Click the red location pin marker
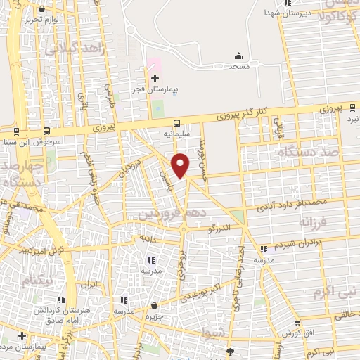point(181,165)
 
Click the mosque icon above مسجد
point(238,56)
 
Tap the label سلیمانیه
point(176,132)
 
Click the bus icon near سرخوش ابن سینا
point(46,131)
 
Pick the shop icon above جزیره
point(155,305)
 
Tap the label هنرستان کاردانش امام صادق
point(60,314)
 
